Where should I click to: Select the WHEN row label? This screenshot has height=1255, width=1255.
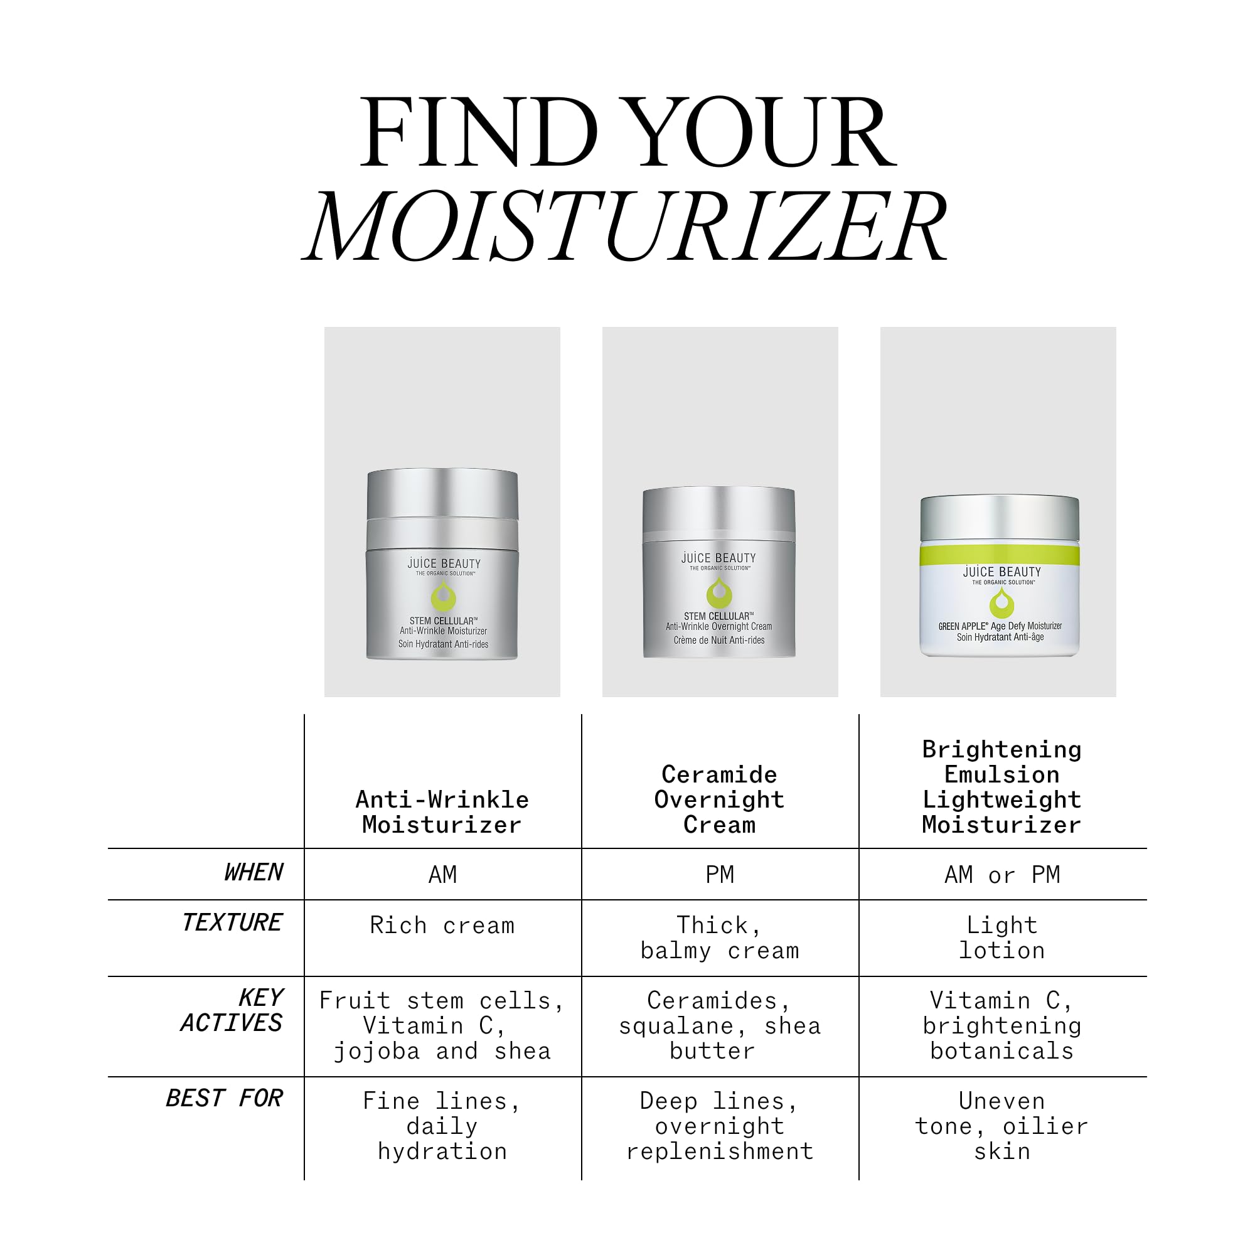click(254, 872)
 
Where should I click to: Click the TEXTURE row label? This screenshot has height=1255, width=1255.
click(232, 922)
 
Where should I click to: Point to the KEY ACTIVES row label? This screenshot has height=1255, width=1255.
click(232, 1010)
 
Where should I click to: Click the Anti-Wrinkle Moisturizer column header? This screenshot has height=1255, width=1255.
click(442, 812)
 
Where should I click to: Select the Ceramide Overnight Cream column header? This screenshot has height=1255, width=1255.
click(720, 799)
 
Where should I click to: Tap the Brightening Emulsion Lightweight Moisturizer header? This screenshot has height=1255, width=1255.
click(1002, 787)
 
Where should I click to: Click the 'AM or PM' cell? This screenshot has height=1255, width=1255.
click(1002, 875)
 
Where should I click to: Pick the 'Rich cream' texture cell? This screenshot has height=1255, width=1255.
click(442, 925)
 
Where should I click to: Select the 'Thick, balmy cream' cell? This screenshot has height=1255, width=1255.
click(720, 937)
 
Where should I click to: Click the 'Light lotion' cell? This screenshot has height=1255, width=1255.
click(1002, 937)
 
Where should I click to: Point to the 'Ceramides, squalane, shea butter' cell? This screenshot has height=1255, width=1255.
click(720, 1026)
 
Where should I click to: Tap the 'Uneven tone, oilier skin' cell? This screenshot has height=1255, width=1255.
click(1002, 1126)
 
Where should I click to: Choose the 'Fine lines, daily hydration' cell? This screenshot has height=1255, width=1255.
click(442, 1126)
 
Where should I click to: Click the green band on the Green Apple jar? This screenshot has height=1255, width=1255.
click(1000, 555)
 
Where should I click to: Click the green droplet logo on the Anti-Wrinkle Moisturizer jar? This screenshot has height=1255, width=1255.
click(444, 595)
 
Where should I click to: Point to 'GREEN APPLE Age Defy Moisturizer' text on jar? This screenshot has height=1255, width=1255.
click(1000, 626)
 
